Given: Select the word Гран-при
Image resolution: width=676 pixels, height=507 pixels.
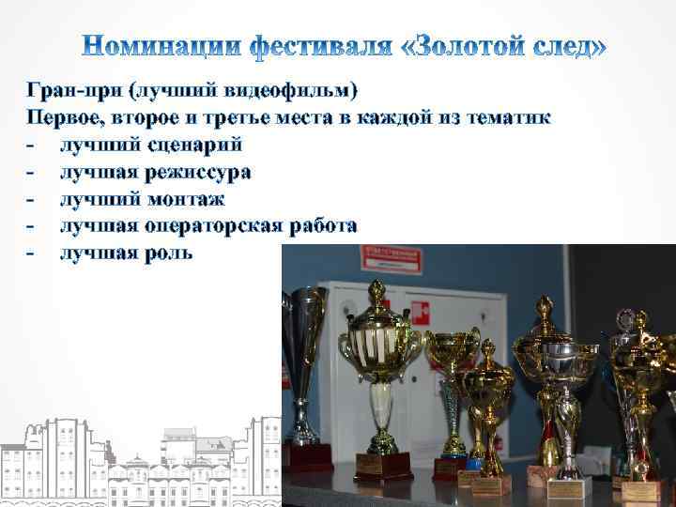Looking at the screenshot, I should pos(74,91).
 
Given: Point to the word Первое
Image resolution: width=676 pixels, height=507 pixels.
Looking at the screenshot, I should pos(65,118).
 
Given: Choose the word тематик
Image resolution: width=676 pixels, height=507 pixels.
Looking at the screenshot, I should pos(506,118).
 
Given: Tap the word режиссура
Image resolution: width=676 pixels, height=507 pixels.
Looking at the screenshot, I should pos(199,173).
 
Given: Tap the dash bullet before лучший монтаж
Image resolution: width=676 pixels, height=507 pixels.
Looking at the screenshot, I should pos(32,199).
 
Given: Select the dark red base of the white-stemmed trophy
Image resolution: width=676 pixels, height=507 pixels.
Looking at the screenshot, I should pos(383,466).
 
